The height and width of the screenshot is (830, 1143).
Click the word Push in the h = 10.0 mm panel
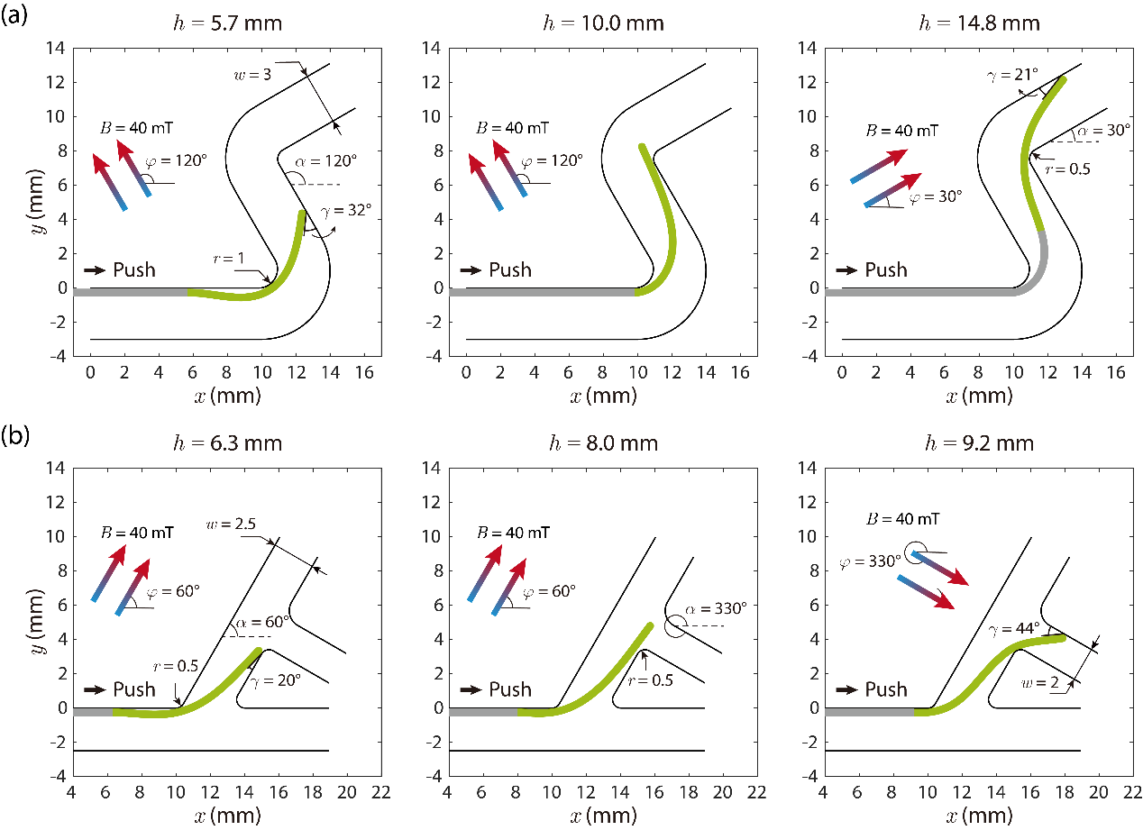(x=510, y=269)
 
